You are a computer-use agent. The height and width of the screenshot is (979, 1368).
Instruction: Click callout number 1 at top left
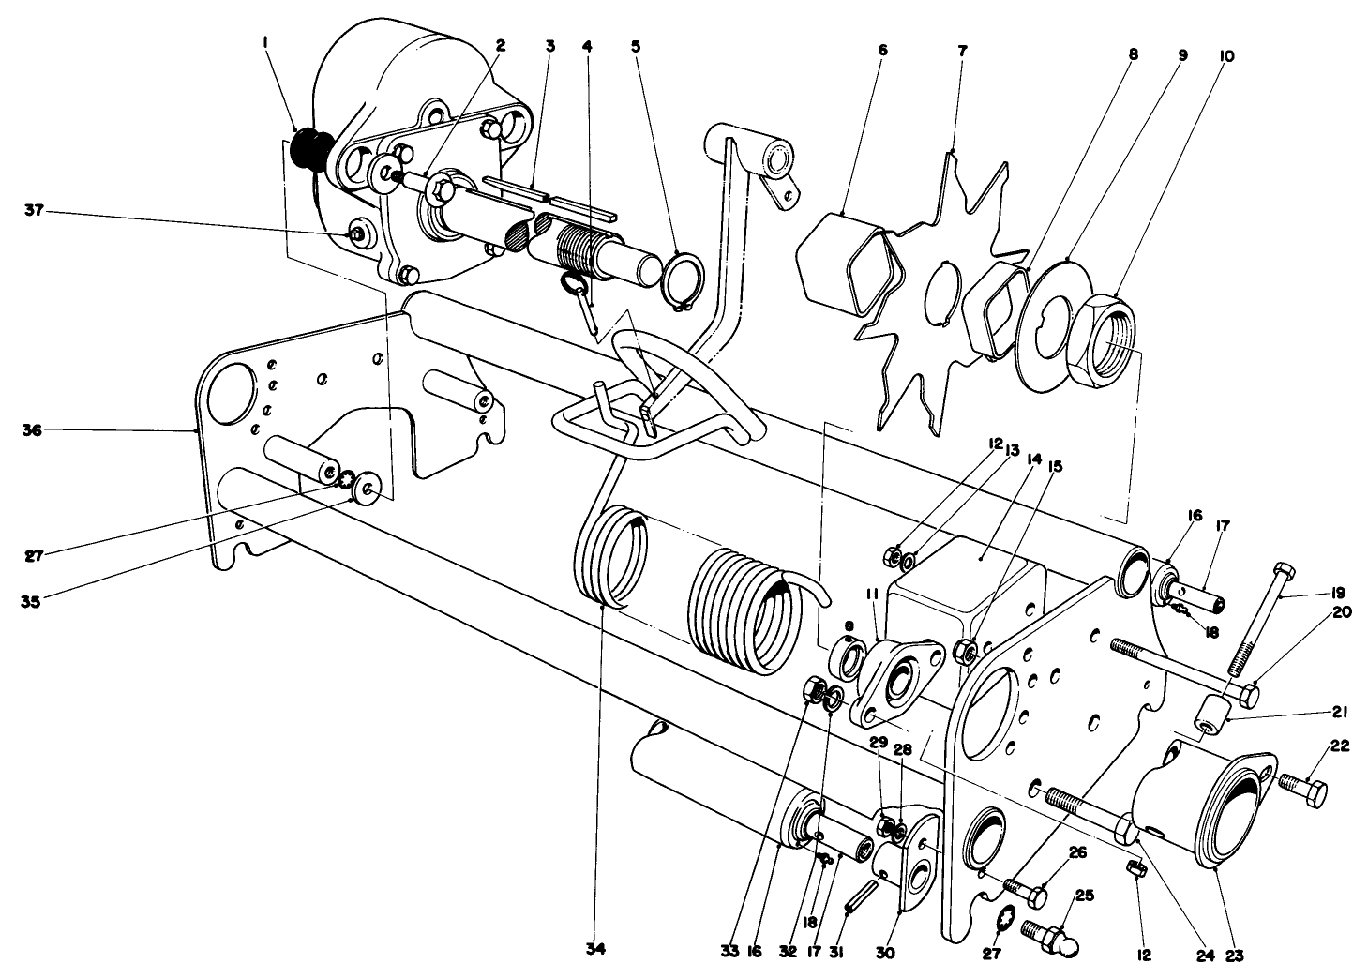point(267,45)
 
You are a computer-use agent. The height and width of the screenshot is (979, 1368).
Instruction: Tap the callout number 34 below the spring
point(596,949)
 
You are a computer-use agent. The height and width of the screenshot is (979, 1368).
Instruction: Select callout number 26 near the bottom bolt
point(1076,852)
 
